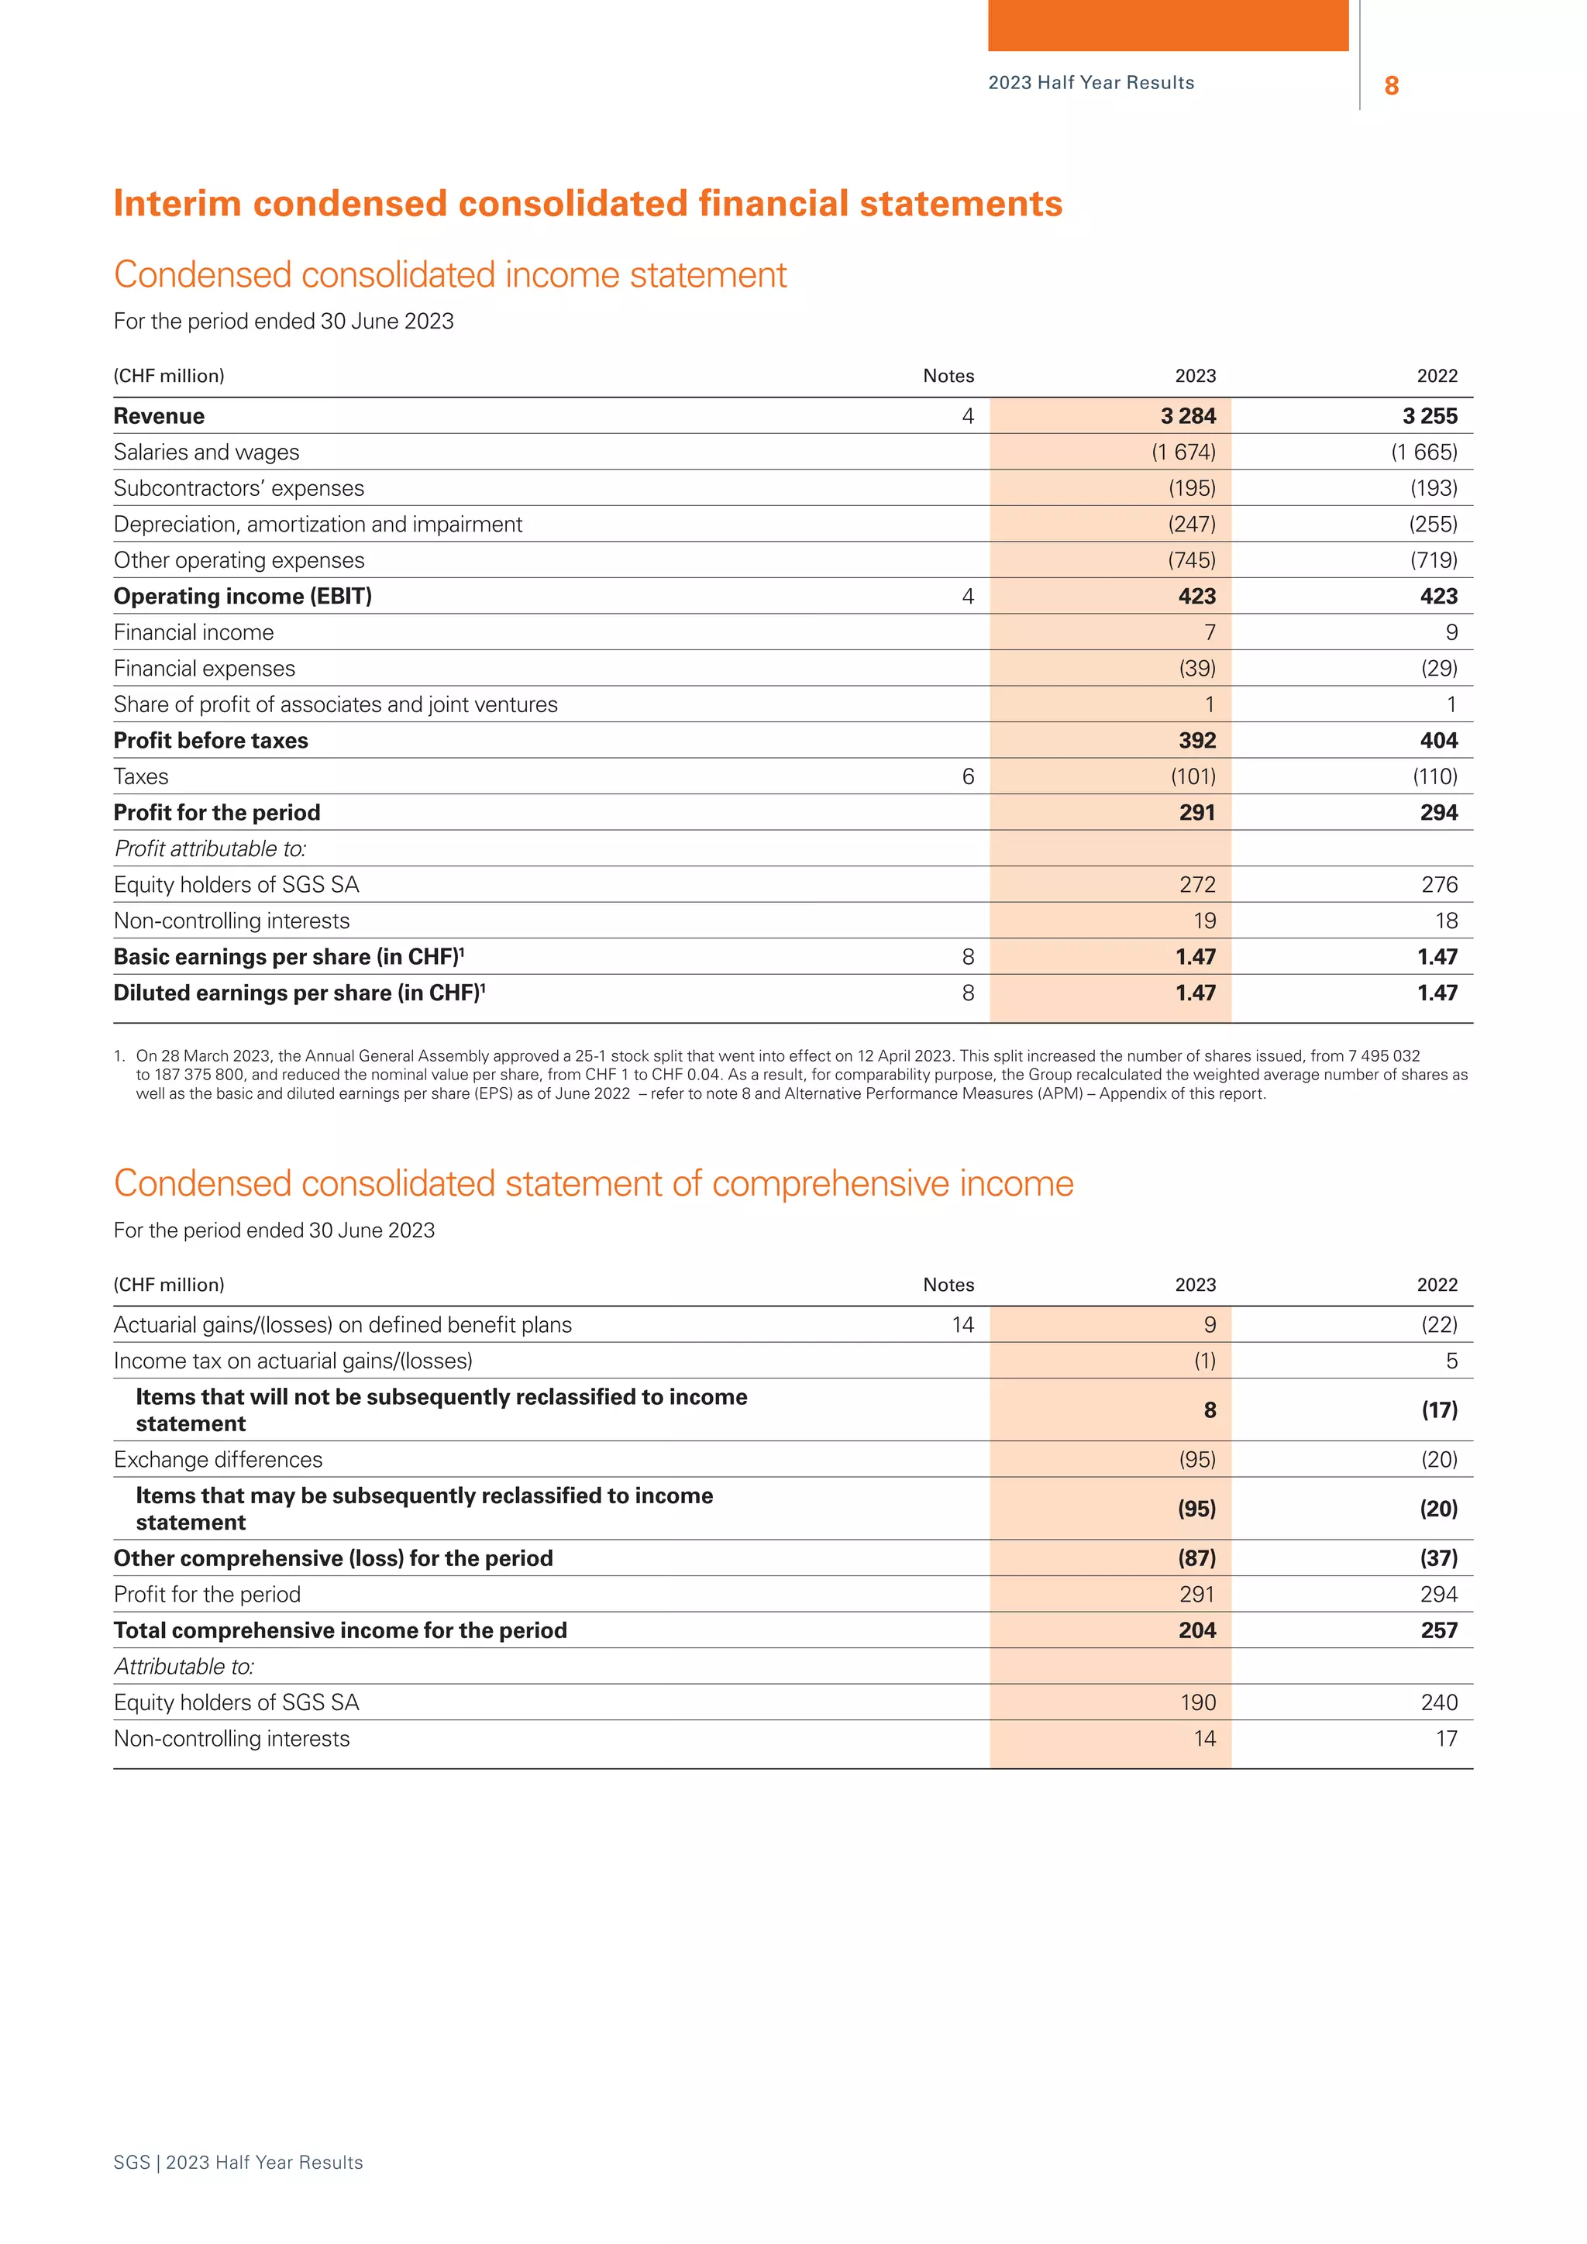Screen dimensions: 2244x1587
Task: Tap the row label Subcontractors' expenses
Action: (x=239, y=489)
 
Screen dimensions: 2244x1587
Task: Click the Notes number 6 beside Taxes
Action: (x=967, y=777)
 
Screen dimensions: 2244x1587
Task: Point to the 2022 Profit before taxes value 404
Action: (x=1438, y=741)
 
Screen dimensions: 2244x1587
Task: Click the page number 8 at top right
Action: (x=1392, y=86)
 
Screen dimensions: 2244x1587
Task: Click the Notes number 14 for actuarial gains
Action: (x=962, y=1325)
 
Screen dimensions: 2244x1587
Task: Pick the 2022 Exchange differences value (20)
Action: (x=1438, y=1460)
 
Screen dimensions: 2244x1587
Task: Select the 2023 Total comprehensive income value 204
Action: (x=1196, y=1631)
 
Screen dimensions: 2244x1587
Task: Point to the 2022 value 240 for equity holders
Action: (x=1438, y=1703)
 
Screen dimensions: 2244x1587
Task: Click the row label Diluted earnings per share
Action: (x=299, y=994)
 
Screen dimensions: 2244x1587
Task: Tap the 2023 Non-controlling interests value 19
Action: (x=1204, y=921)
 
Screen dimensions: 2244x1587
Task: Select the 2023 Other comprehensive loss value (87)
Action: (x=1196, y=1559)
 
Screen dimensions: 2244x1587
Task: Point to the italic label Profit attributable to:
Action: (x=210, y=849)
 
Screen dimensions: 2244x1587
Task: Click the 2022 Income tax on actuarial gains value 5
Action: (x=1451, y=1361)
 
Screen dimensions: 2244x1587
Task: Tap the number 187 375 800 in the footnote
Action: (x=201, y=1075)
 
